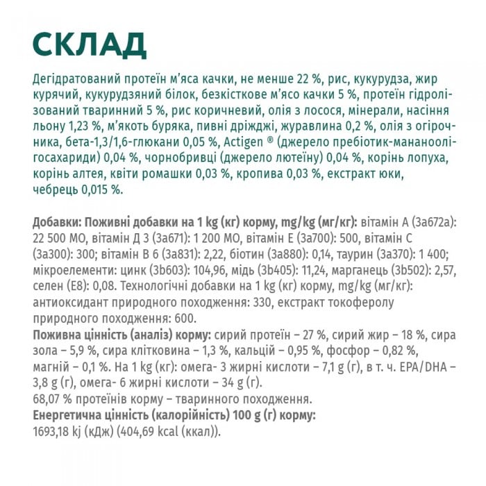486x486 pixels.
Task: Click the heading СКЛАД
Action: [x=90, y=44]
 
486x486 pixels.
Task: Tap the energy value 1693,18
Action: [x=56, y=431]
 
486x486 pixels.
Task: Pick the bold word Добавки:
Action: [x=57, y=221]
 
